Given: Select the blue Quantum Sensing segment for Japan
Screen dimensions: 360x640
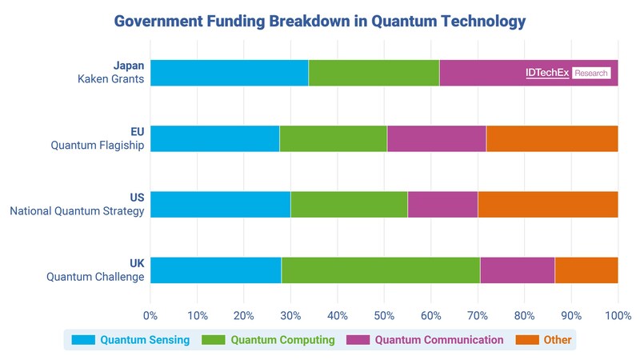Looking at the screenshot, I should point(229,73).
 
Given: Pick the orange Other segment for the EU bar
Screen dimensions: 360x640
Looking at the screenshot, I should point(552,138).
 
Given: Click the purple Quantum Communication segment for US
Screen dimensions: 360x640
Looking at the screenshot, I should point(442,204).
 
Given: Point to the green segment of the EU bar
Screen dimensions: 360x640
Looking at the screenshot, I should point(333,138).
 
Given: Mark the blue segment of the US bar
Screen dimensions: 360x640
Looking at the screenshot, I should point(220,204).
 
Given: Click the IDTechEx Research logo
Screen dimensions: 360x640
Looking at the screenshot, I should point(568,73).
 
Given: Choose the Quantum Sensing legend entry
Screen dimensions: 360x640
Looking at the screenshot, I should point(145,340).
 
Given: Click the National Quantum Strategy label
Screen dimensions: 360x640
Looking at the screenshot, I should point(77,211).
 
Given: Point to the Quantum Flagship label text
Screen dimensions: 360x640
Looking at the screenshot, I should point(98,146).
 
